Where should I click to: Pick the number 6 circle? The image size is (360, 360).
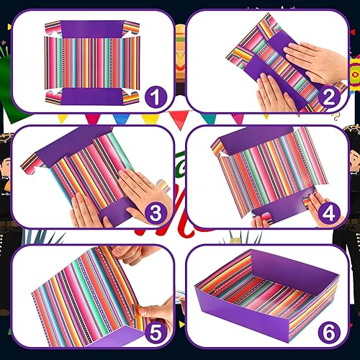click(x=330, y=336)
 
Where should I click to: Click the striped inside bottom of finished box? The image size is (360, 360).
click(x=270, y=284)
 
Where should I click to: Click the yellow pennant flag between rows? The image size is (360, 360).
click(x=150, y=119)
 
